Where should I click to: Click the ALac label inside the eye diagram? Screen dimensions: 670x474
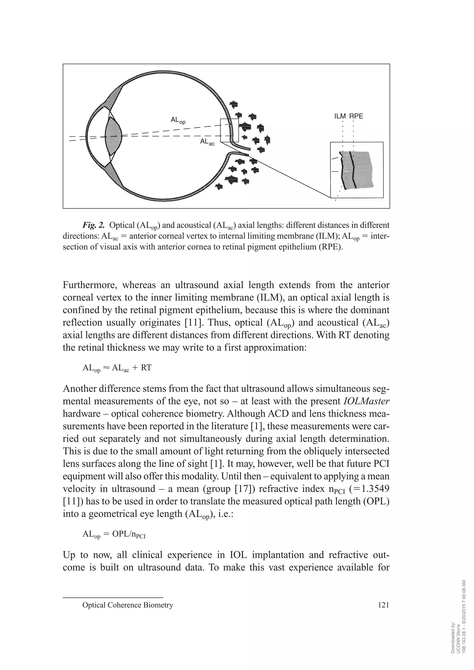coord(207,142)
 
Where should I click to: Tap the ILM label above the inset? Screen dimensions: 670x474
coord(340,116)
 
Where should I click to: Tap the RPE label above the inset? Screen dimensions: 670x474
coord(356,116)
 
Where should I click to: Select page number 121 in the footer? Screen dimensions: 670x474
coord(383,605)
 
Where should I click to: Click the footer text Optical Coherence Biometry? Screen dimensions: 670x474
coord(128,605)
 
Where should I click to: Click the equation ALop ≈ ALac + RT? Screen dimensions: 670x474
coord(117,368)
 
